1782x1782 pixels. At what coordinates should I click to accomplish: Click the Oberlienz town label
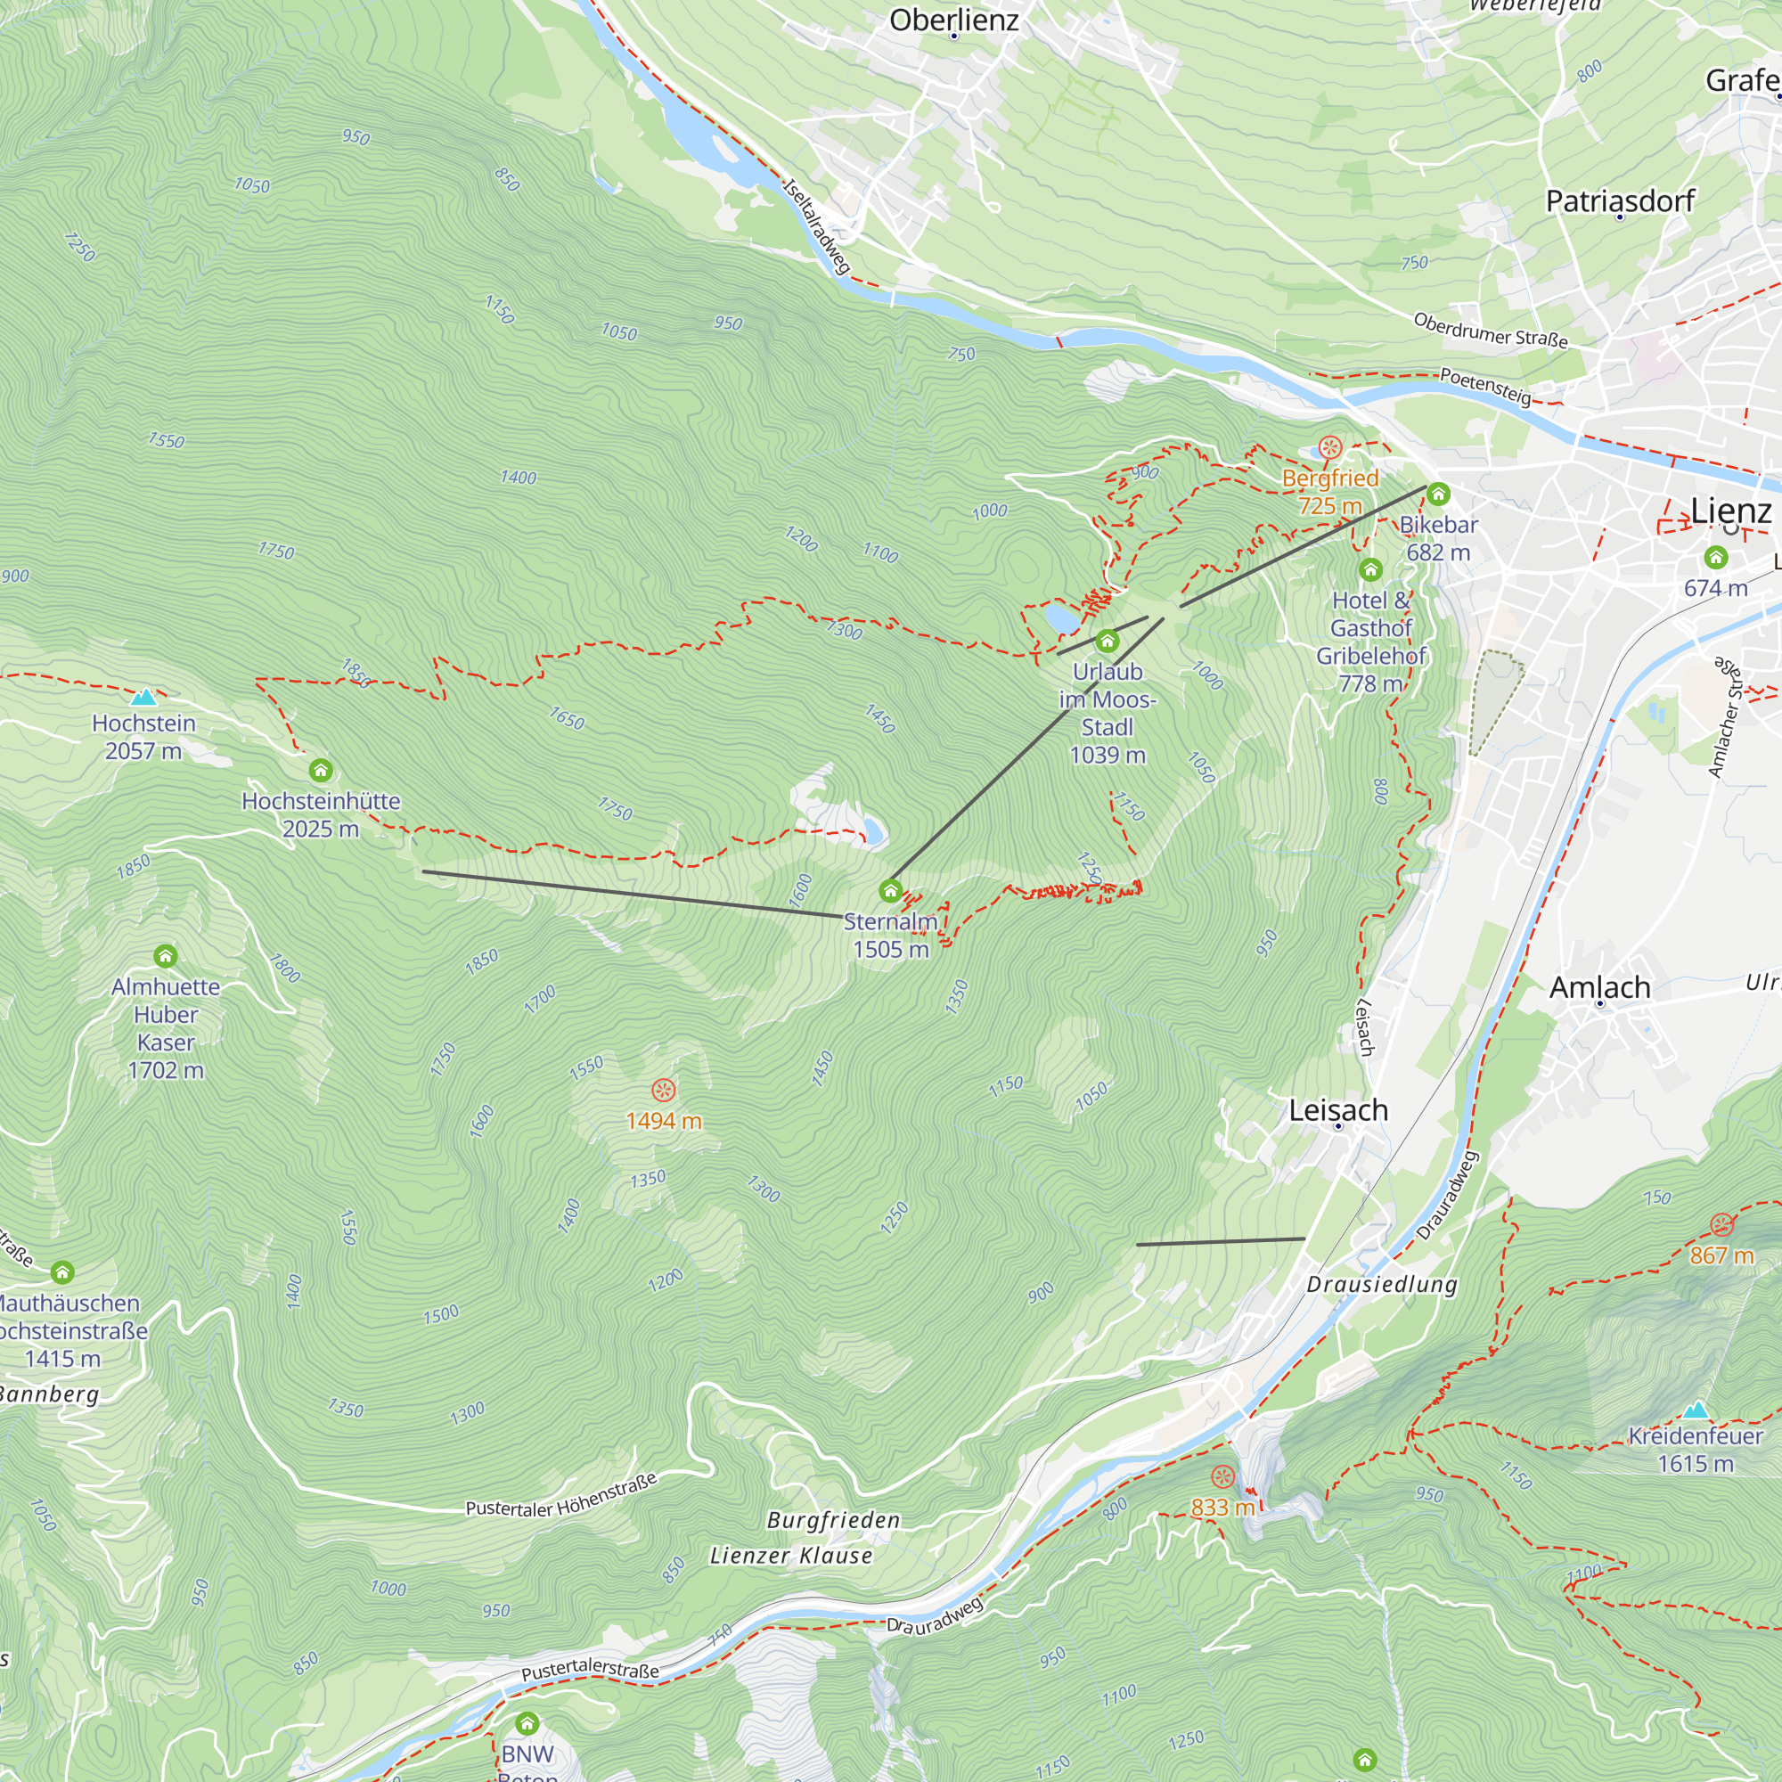[x=953, y=20]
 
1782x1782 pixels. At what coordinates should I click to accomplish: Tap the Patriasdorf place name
[x=1620, y=201]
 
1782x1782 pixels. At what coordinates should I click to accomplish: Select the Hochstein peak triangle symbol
[x=143, y=698]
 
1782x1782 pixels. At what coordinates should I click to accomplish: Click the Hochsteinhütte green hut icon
[x=320, y=770]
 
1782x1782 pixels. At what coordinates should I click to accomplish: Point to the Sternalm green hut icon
[x=890, y=891]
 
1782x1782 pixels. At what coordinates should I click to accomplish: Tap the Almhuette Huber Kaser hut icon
[x=165, y=955]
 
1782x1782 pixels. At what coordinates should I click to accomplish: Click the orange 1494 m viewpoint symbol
[x=663, y=1091]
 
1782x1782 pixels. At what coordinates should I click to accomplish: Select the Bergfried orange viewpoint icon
[x=1330, y=448]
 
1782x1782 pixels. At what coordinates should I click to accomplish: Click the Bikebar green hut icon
[x=1438, y=495]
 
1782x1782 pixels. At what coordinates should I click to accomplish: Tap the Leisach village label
[x=1337, y=1110]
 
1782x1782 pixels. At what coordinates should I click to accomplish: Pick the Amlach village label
[x=1599, y=988]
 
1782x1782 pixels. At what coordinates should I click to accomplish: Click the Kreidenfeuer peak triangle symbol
[x=1696, y=1410]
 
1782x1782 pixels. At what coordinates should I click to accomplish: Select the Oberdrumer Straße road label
[x=1490, y=331]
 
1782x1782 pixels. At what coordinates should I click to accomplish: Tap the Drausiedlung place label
[x=1382, y=1285]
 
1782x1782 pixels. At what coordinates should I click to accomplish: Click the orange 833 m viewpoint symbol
[x=1222, y=1476]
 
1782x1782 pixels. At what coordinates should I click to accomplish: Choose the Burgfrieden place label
[x=833, y=1520]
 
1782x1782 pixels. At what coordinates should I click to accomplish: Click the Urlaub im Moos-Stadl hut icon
[x=1107, y=641]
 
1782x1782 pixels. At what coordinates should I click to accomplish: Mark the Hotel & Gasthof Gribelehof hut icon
[x=1369, y=570]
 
